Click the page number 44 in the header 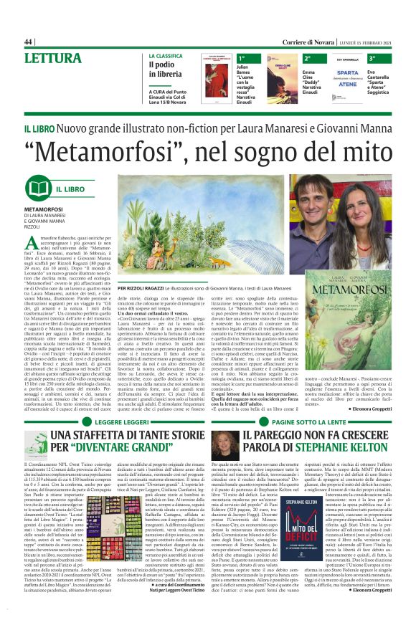(29, 42)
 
